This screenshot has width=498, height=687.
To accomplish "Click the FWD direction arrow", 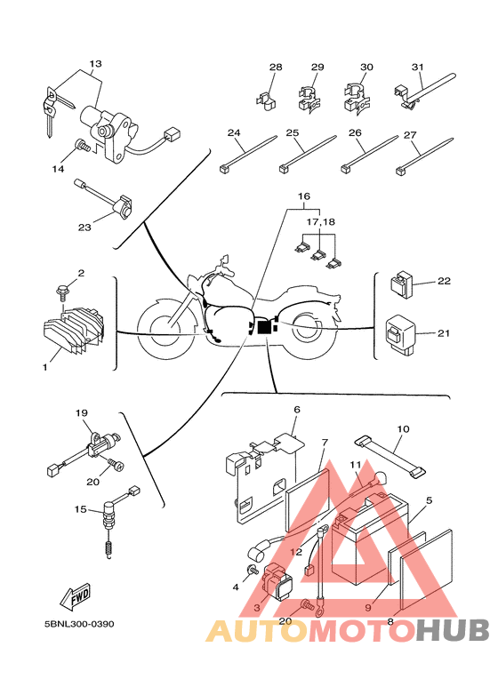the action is click(76, 595).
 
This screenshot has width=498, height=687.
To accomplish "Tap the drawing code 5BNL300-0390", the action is click(79, 624).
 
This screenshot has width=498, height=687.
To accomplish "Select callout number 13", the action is click(95, 63).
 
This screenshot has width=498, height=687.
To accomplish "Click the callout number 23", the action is click(84, 228).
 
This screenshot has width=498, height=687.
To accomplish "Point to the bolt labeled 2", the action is click(62, 292).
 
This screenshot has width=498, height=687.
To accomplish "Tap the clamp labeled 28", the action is click(266, 101).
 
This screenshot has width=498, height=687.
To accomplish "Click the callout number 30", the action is click(366, 67).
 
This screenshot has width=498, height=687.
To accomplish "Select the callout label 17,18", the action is click(320, 221).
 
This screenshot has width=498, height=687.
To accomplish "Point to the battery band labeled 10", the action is click(390, 457).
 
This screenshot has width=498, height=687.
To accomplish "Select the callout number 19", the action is click(82, 412).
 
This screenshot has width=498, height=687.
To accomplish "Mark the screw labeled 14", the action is click(83, 146).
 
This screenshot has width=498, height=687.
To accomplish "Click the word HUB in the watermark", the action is click(452, 630).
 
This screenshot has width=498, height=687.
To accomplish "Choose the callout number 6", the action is click(297, 410).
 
